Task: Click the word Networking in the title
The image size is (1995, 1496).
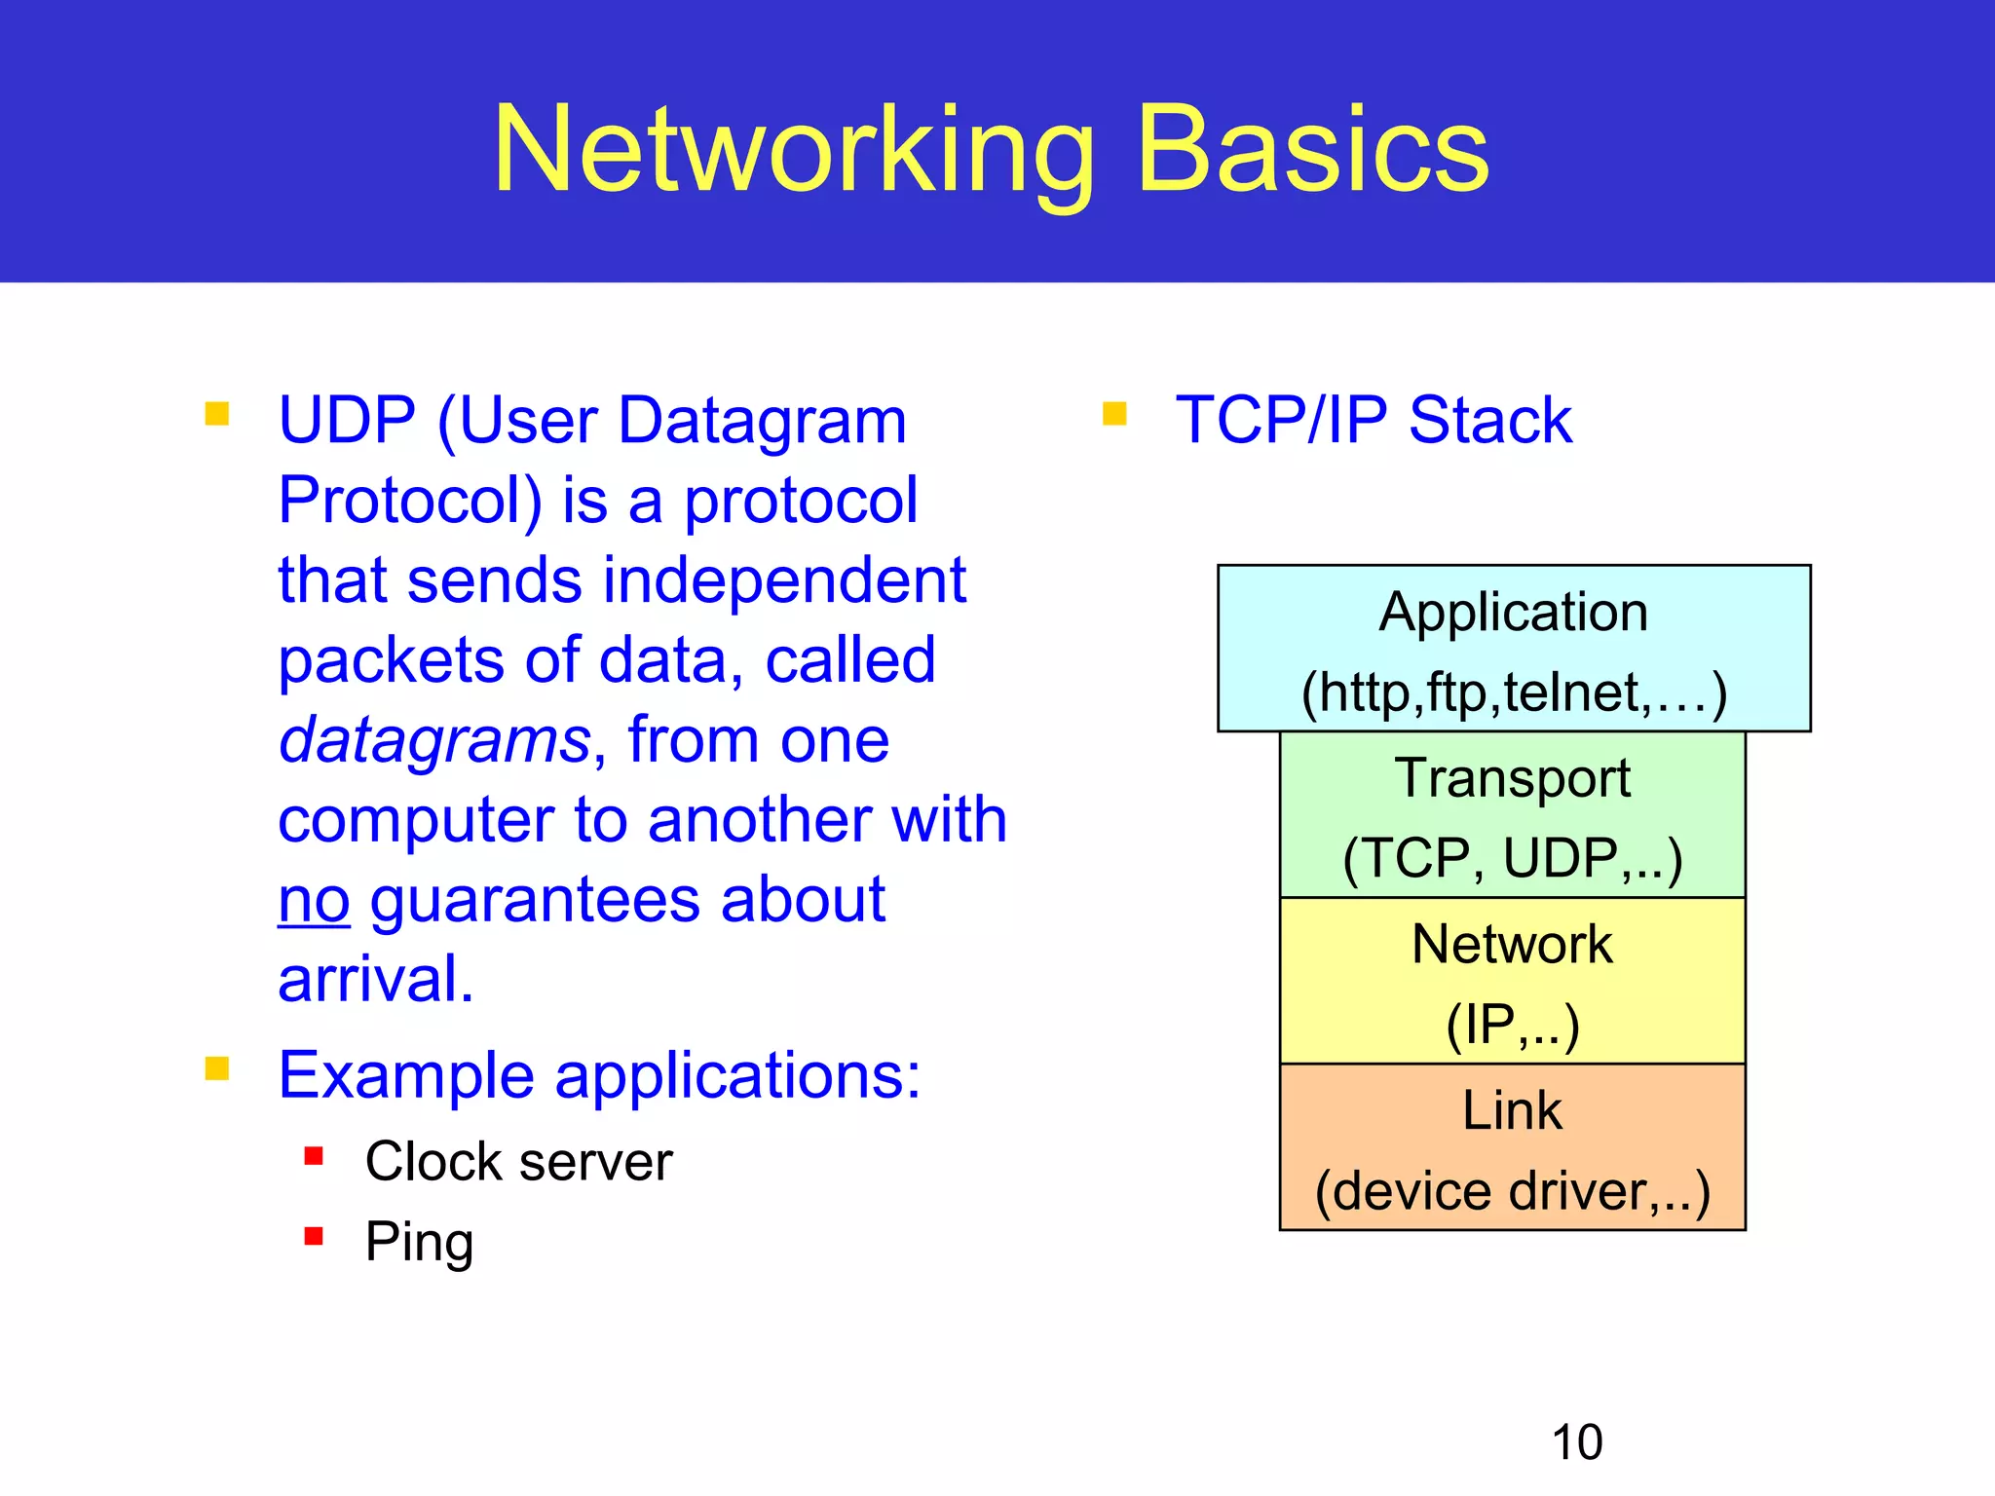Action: tap(794, 151)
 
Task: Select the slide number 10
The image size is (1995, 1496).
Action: tap(1576, 1442)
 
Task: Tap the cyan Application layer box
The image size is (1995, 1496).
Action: tap(1513, 648)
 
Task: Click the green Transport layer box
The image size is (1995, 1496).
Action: tap(1512, 814)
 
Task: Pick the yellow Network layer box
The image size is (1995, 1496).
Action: tap(1512, 981)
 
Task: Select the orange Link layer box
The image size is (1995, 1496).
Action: tap(1512, 1147)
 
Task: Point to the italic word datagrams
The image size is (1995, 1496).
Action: tap(434, 740)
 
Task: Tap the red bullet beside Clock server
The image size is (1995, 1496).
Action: tap(314, 1156)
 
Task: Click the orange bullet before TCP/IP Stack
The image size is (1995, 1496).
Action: tap(1114, 415)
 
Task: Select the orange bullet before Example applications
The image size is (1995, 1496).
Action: tap(217, 1069)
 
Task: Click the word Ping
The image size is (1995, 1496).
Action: tap(419, 1242)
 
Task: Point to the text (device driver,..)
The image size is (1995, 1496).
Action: tap(1512, 1190)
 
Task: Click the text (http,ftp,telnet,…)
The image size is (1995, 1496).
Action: tap(1514, 692)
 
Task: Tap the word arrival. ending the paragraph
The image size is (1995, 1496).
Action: tap(375, 979)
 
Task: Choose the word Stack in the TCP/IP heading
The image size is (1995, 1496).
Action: tap(1489, 421)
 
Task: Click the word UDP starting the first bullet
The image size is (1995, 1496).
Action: tap(347, 421)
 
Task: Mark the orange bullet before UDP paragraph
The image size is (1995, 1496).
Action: tap(217, 415)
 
